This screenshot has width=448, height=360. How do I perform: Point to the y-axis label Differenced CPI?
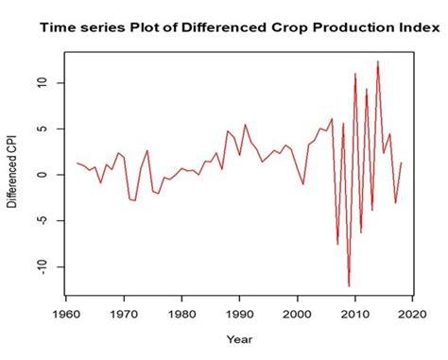click(x=12, y=174)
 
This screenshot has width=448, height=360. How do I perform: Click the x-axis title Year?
click(x=240, y=337)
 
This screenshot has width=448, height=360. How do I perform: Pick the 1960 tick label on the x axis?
click(x=66, y=312)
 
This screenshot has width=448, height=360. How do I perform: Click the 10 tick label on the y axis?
click(x=37, y=83)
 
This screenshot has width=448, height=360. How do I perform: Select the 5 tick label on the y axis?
click(x=37, y=129)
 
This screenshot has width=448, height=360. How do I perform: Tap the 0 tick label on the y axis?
click(x=37, y=175)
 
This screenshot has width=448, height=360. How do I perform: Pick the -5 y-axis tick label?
click(x=37, y=221)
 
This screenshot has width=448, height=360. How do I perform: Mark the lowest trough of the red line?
click(x=349, y=285)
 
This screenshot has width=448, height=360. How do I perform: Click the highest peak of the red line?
click(x=378, y=61)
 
